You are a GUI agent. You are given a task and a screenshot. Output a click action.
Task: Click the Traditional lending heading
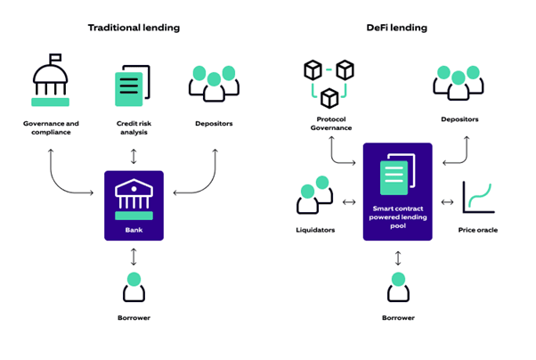pos(134,28)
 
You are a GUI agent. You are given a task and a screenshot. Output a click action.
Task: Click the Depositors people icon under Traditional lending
pos(215,83)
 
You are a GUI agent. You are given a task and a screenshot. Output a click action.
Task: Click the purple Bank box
pos(134,205)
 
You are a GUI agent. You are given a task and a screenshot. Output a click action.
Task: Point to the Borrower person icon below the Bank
pos(134,287)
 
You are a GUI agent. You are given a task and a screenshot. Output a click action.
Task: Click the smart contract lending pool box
pos(397,192)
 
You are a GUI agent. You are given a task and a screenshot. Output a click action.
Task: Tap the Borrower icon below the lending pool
pos(397,287)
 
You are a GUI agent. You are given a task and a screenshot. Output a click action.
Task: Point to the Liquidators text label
pos(315,230)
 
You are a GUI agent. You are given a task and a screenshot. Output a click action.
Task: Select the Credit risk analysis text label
pos(134,127)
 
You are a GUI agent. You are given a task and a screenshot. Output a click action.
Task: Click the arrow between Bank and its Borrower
pos(134,256)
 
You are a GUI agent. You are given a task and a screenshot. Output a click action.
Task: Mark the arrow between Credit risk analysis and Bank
pos(134,157)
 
